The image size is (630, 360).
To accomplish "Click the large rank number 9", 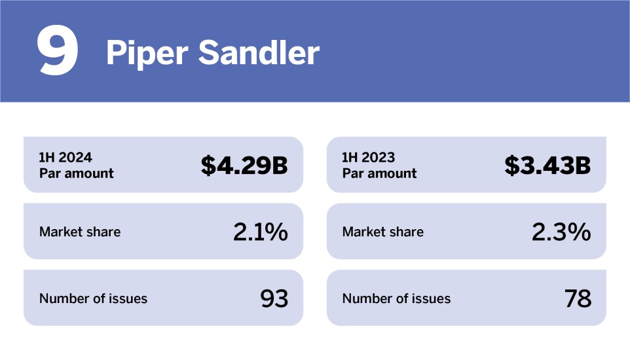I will click(x=58, y=52).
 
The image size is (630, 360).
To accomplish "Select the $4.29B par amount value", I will click(x=244, y=166).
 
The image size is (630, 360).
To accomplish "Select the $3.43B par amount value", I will click(x=547, y=166).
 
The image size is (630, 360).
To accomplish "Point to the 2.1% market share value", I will click(x=260, y=232).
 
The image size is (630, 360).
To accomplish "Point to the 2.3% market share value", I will click(x=561, y=232).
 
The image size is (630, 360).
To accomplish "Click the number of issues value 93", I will click(x=274, y=298).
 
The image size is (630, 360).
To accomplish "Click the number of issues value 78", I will click(x=578, y=298).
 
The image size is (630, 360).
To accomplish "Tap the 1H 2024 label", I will click(x=65, y=158).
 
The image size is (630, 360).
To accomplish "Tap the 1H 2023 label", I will click(x=369, y=158).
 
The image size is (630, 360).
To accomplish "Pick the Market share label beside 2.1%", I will click(x=80, y=232).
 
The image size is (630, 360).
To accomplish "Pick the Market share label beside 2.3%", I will click(x=383, y=232).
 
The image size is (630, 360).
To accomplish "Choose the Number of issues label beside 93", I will click(x=93, y=298).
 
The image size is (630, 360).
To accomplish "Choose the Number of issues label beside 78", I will click(x=396, y=298).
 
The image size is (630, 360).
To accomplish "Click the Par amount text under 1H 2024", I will click(x=76, y=173).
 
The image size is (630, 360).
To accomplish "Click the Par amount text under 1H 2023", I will click(x=379, y=173).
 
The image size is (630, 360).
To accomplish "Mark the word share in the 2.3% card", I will click(x=406, y=232).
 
